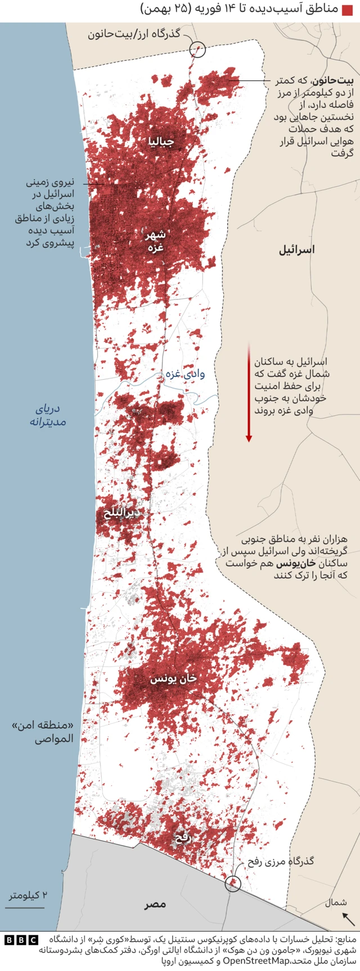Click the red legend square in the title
(x=347, y=10)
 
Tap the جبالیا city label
(x=161, y=141)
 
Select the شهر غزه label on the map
(x=155, y=241)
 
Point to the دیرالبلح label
(x=121, y=513)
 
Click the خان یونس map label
(x=173, y=678)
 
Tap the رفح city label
(x=183, y=837)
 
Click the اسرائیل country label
(x=296, y=249)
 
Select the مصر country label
(x=155, y=904)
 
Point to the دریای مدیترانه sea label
(x=48, y=415)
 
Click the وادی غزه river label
(x=185, y=373)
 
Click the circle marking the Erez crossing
(x=197, y=50)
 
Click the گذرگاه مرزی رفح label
(x=281, y=861)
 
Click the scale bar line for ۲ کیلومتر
(x=26, y=907)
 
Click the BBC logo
(x=21, y=940)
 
